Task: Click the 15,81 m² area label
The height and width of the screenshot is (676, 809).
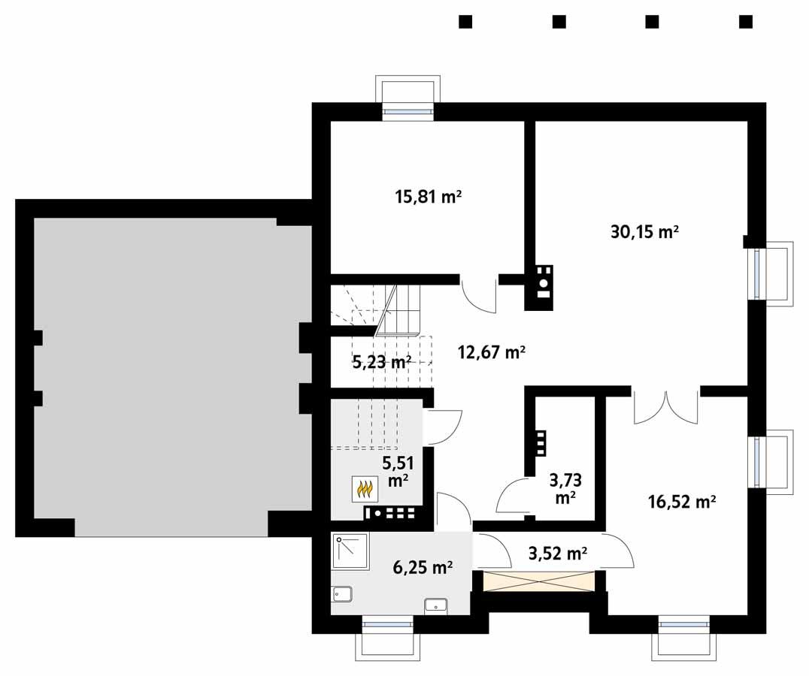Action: point(428,198)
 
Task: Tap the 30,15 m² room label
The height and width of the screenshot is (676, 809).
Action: point(644,232)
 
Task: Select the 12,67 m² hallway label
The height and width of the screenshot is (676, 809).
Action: point(491,352)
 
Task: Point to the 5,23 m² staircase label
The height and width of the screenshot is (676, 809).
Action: point(382,362)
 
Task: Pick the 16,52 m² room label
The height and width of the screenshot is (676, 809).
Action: point(681,502)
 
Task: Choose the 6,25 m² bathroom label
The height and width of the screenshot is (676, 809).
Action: point(423,567)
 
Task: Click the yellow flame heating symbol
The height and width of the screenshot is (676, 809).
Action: point(364,490)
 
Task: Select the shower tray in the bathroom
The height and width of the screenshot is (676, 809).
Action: point(350,552)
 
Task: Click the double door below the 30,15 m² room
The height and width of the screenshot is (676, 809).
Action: point(665,408)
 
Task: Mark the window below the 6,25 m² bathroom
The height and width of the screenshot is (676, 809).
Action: point(387,623)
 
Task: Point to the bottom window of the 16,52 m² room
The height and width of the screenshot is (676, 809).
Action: point(683,623)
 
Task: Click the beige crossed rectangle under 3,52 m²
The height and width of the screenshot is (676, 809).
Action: point(539,581)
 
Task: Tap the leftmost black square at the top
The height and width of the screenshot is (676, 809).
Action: point(465,22)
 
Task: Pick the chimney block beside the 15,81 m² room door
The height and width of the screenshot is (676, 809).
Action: point(543,288)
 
